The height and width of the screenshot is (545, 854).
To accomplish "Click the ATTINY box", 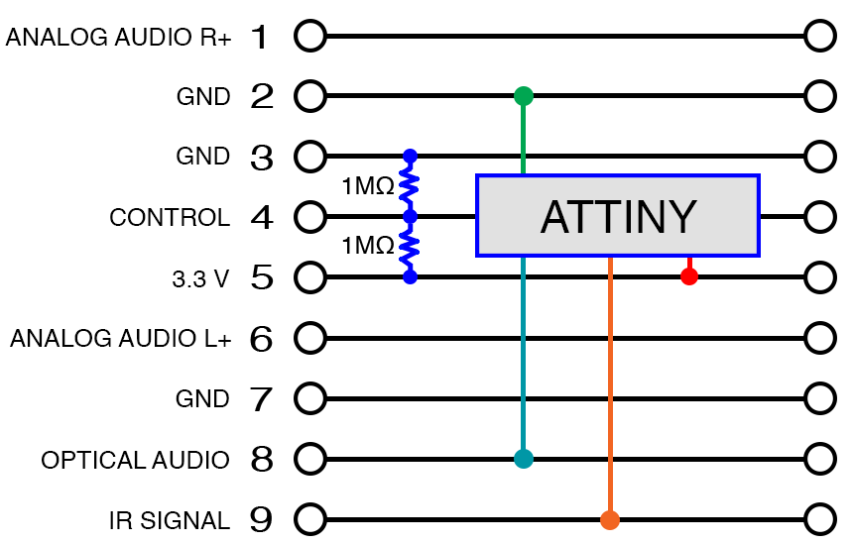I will pyautogui.click(x=617, y=215).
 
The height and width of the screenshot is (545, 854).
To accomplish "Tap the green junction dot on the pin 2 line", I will pyautogui.click(x=524, y=96).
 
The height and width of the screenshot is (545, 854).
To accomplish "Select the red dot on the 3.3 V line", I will pyautogui.click(x=689, y=276).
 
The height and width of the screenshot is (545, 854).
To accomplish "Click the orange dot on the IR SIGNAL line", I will pyautogui.click(x=610, y=519).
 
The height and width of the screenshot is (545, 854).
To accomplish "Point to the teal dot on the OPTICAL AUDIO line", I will pyautogui.click(x=524, y=459).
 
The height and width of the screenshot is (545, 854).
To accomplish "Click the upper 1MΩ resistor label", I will pyautogui.click(x=367, y=185).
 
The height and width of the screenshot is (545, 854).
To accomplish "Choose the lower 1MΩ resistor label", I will pyautogui.click(x=367, y=246).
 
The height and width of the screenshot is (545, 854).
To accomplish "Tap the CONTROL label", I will pyautogui.click(x=170, y=218).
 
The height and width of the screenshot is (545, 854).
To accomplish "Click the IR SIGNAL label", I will pyautogui.click(x=170, y=520).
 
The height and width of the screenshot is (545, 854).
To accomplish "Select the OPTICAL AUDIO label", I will pyautogui.click(x=135, y=461).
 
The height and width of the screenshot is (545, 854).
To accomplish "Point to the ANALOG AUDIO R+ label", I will pyautogui.click(x=118, y=38).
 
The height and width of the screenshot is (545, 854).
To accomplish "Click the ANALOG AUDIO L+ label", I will pyautogui.click(x=120, y=340).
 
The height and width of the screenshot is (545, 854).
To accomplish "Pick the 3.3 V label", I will pyautogui.click(x=200, y=279).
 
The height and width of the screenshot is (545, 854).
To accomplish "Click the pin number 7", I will pyautogui.click(x=261, y=399).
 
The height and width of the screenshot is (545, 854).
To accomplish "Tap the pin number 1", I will pyautogui.click(x=261, y=38).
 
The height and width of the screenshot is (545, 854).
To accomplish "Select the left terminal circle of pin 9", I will pyautogui.click(x=310, y=519).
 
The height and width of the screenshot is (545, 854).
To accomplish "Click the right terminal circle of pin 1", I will pyautogui.click(x=820, y=37).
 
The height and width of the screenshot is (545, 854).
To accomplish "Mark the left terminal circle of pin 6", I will pyautogui.click(x=310, y=338).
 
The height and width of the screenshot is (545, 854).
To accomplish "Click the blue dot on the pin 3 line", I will pyautogui.click(x=410, y=157).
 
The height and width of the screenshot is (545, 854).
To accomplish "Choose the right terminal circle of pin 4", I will pyautogui.click(x=820, y=216).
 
